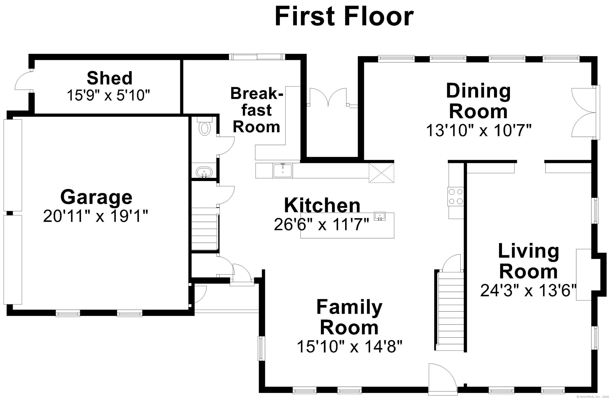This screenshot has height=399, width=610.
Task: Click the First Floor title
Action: click(x=344, y=16)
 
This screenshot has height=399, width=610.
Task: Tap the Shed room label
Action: click(x=110, y=78)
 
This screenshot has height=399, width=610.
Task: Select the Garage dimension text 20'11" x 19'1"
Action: click(x=96, y=216)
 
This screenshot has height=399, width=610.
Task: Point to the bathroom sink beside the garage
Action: click(x=204, y=172)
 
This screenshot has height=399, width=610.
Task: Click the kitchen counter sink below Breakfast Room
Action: click(x=282, y=171)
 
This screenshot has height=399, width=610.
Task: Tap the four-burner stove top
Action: click(x=456, y=197)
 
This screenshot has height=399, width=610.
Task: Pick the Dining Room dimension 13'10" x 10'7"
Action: click(x=479, y=130)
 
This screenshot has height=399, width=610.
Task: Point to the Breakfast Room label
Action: click(x=256, y=110)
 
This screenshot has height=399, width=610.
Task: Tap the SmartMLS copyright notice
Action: click(x=592, y=397)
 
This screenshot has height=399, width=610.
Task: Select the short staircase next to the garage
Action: click(x=205, y=228)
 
